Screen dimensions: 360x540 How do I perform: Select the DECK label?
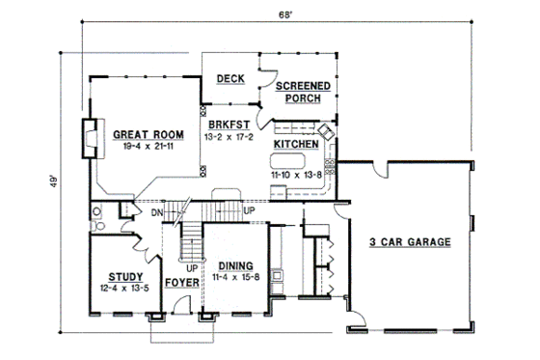[x=229, y=80]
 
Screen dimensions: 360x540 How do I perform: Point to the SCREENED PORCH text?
[x=304, y=93]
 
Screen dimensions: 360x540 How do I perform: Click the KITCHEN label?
[x=297, y=144]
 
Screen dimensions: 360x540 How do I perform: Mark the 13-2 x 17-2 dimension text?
[x=228, y=138]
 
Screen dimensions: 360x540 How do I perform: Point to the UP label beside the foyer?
[x=191, y=267]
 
